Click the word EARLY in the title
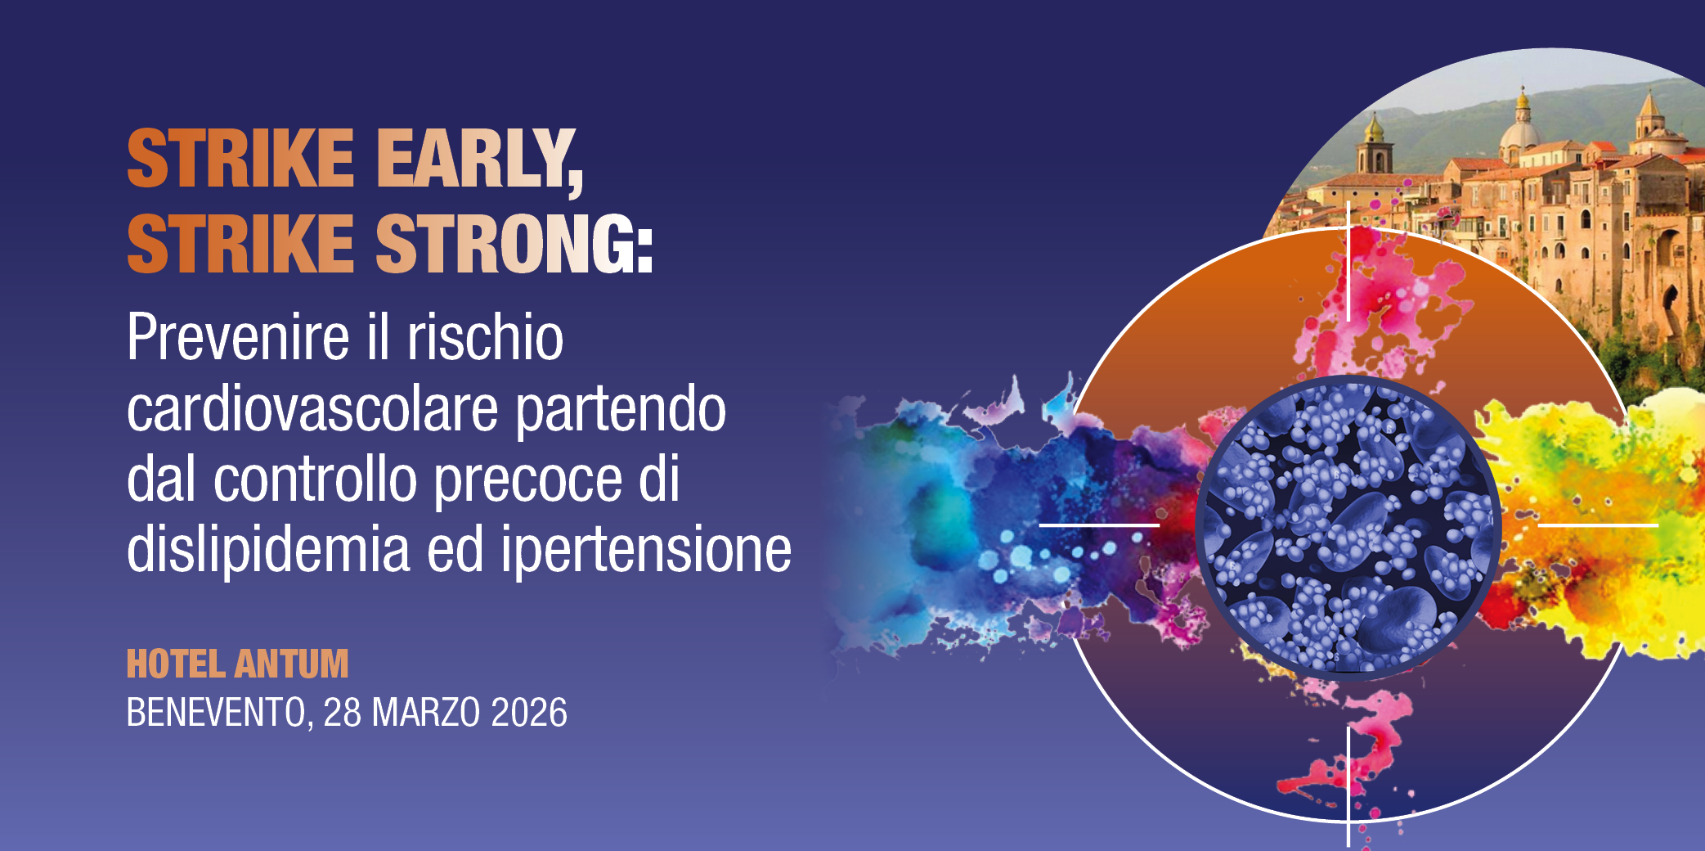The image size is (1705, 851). (478, 160)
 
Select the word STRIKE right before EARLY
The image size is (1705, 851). (240, 160)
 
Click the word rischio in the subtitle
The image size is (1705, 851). (486, 338)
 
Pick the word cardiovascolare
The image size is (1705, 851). (312, 408)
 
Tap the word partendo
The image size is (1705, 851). (621, 408)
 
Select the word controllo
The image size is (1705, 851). (316, 480)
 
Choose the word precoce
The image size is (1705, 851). (527, 480)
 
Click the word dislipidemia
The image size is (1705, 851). (268, 550)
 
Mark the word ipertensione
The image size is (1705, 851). (646, 550)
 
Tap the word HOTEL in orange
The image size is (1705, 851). (176, 664)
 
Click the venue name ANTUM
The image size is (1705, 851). (292, 664)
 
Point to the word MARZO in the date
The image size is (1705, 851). (425, 713)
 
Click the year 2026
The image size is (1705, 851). (529, 713)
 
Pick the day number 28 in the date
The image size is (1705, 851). (343, 713)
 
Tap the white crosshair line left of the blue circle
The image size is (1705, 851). (1099, 525)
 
